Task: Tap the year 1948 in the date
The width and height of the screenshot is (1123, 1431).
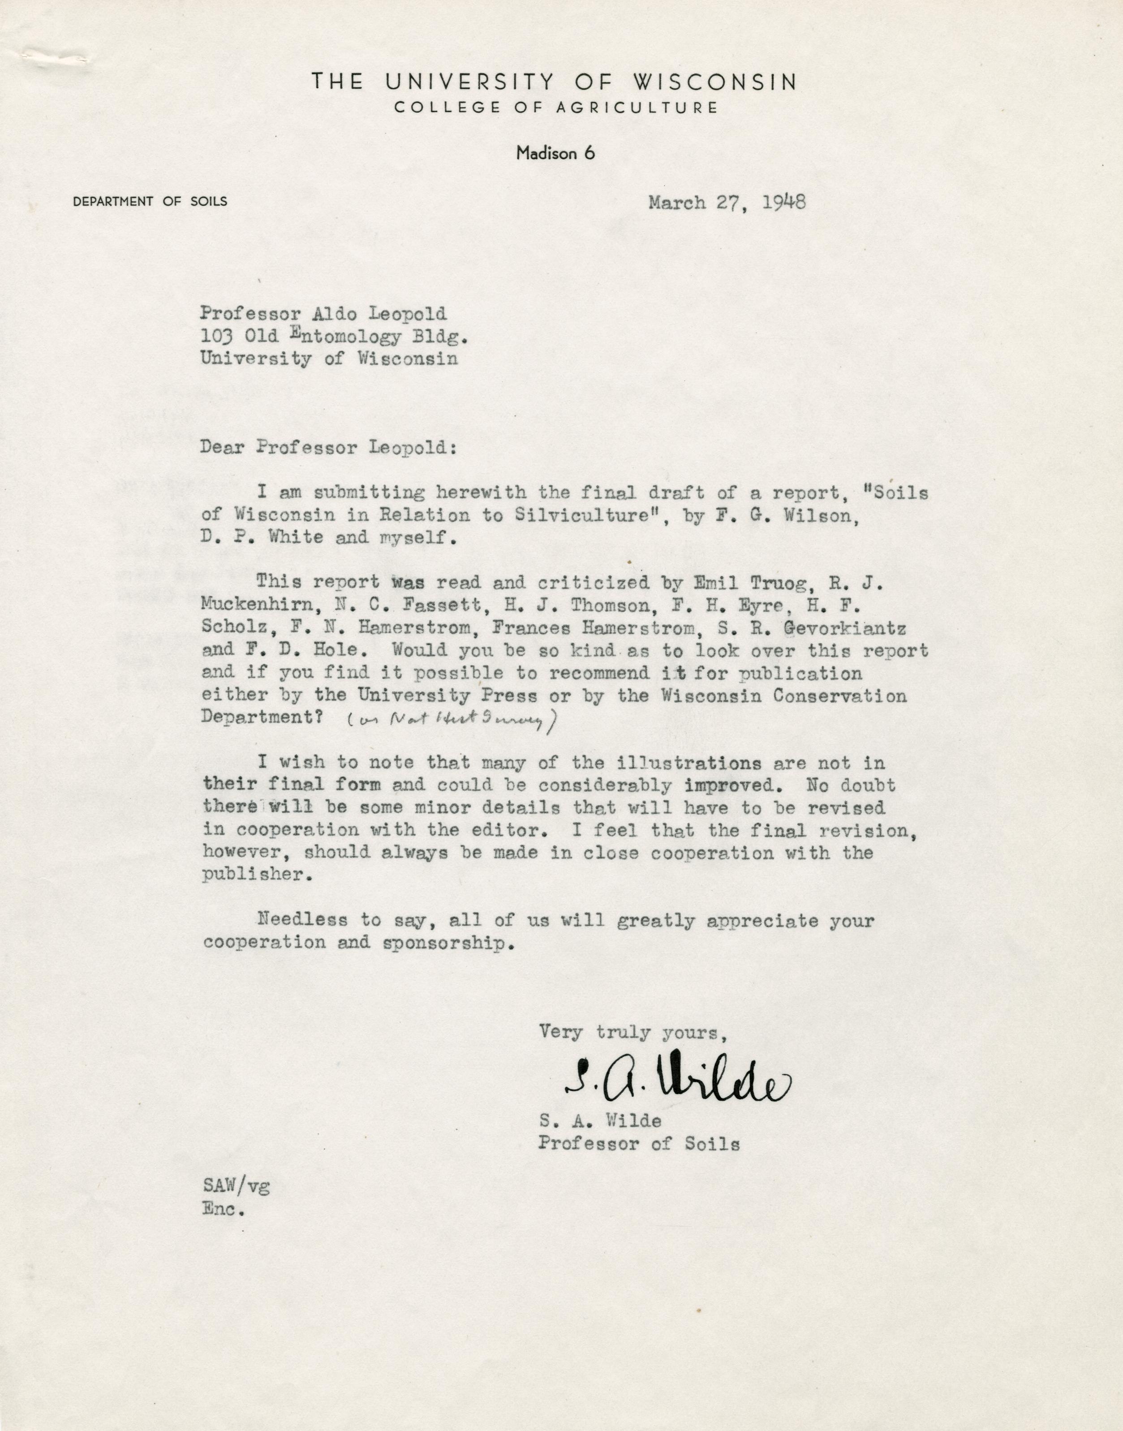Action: click(784, 203)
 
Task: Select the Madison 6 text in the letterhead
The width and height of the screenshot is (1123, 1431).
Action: click(555, 153)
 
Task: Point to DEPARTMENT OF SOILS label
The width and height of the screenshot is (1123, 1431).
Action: click(151, 202)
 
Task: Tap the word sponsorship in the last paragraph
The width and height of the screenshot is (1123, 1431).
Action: click(445, 943)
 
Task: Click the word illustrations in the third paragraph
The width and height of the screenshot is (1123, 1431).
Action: click(689, 764)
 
